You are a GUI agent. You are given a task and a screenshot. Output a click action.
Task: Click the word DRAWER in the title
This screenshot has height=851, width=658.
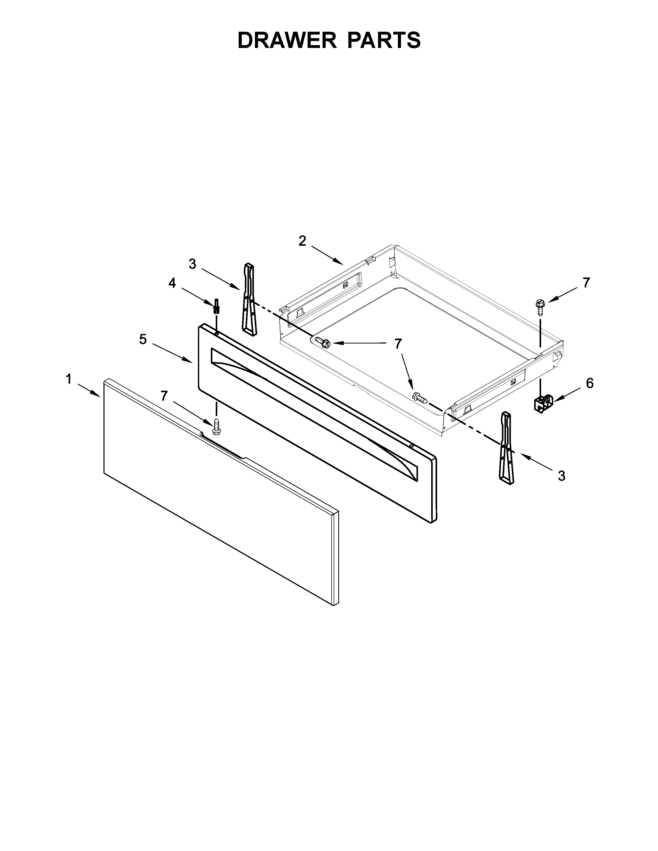pos(286,40)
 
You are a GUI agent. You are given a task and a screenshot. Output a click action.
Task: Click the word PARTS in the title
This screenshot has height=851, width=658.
pos(384,40)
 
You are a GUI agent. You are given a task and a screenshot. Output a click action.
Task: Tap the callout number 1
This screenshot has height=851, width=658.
pos(69,379)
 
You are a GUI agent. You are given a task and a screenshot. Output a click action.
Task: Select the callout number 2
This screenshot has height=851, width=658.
pos(302,241)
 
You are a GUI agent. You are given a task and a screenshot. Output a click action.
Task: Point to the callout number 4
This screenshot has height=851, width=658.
pos(172,283)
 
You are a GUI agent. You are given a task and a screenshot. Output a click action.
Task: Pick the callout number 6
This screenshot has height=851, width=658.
pos(589,383)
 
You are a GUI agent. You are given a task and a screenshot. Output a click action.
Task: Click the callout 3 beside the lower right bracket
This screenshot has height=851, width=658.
pos(561,476)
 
